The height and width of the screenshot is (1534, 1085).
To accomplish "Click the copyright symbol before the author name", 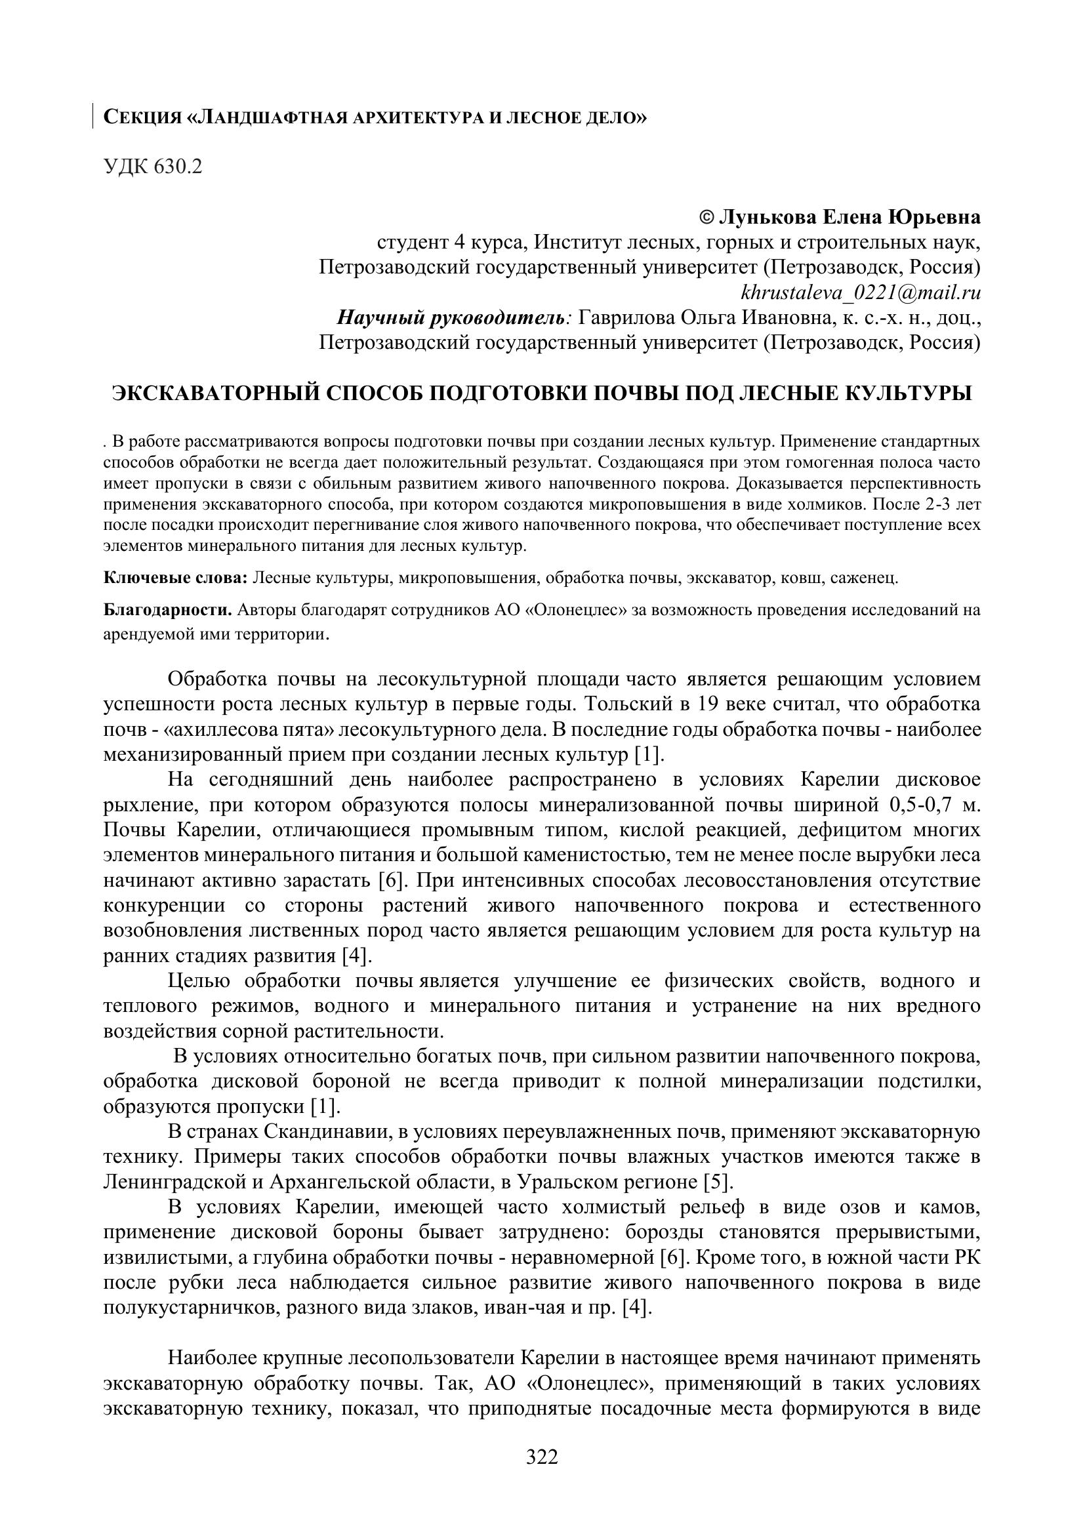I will (x=706, y=218).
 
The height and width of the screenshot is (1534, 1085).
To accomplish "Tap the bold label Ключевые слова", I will (x=176, y=577).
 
